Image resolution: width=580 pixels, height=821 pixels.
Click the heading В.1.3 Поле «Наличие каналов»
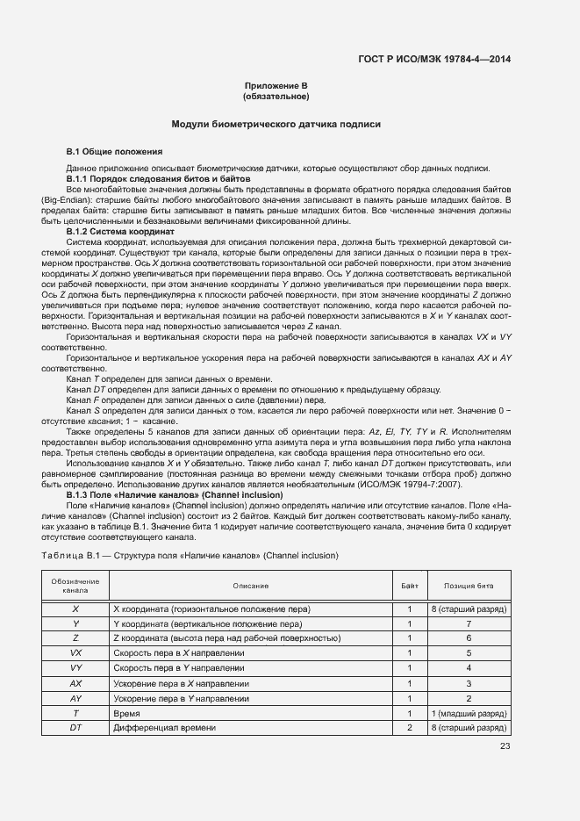click(162, 495)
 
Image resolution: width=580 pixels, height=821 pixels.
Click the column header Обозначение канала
click(75, 586)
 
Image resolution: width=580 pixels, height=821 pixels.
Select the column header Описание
click(250, 586)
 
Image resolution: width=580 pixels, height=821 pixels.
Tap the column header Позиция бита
click(469, 586)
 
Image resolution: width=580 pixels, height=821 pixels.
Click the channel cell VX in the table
click(75, 653)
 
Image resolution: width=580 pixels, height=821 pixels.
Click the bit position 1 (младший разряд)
click(469, 714)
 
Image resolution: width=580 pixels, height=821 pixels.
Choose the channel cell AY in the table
click(75, 698)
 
